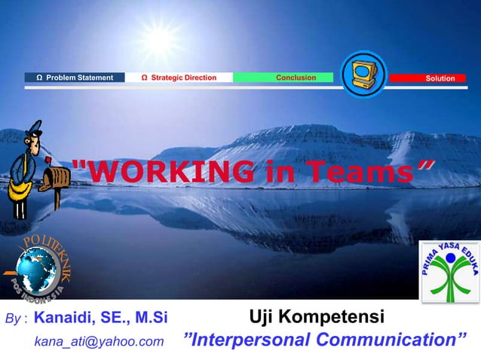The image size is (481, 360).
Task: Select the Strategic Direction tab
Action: tap(179, 78)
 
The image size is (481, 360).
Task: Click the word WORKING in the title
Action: tap(166, 172)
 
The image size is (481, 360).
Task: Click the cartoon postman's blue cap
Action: tap(33, 130)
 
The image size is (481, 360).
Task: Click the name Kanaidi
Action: tap(67, 317)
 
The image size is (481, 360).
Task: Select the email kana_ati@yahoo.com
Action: tap(99, 342)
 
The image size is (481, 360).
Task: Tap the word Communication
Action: tap(392, 340)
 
